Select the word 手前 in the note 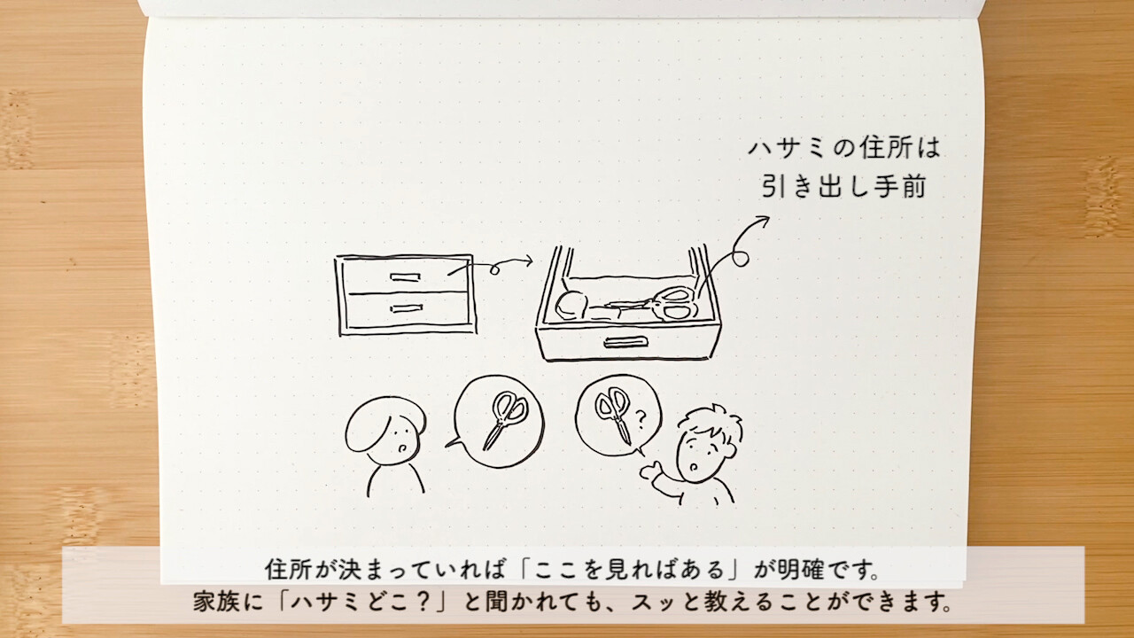point(900,186)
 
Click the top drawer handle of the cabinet point(405,277)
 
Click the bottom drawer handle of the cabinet point(406,307)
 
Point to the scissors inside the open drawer point(653,304)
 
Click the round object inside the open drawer point(571,306)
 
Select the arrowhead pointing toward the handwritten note point(761,222)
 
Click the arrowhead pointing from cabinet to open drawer point(528,261)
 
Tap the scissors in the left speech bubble point(505,420)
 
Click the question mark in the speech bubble point(641,419)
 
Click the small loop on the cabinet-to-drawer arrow point(494,269)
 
